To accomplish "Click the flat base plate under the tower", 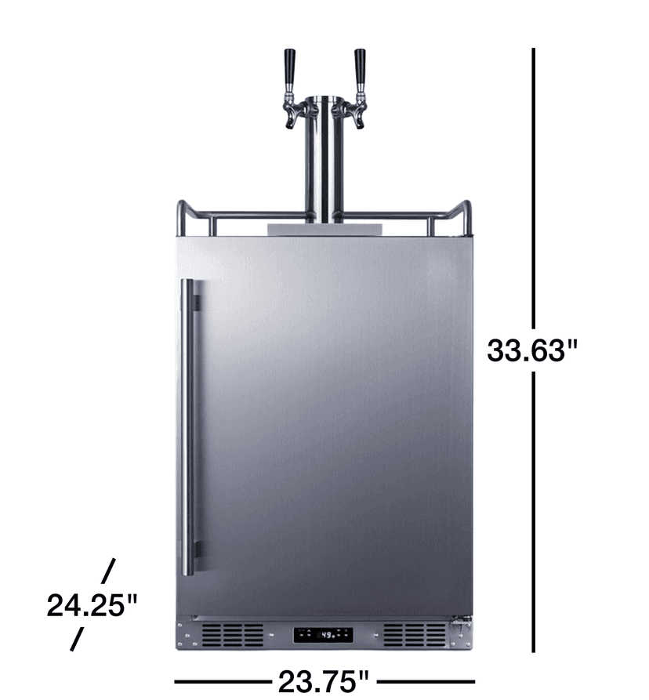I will click(324, 228).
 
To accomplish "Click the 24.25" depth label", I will click(92, 605).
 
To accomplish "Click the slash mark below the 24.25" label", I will click(77, 638).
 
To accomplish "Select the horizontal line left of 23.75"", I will click(223, 681).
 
